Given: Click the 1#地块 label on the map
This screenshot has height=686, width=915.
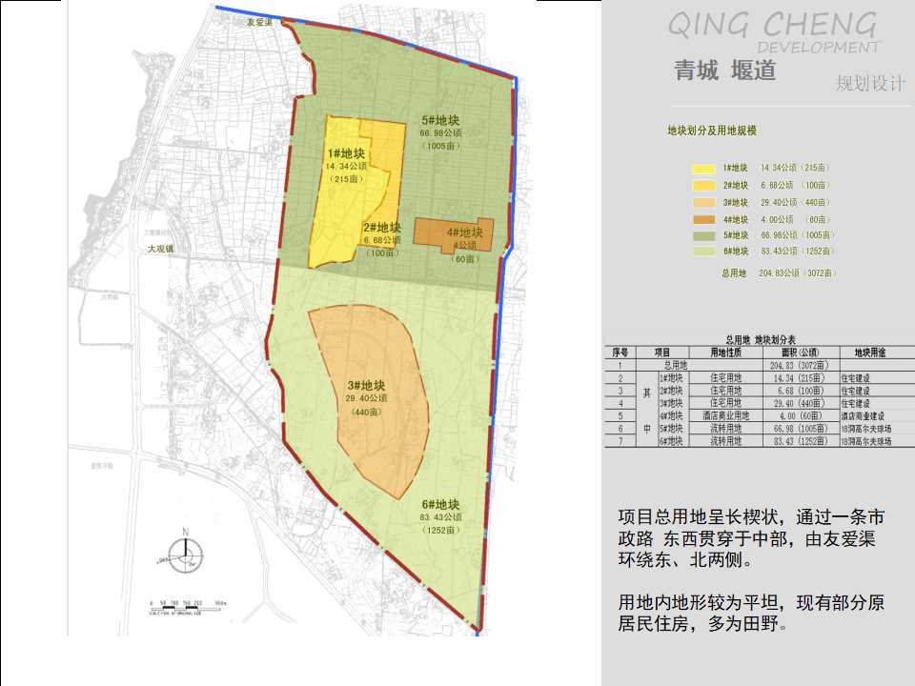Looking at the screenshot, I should tap(346, 152).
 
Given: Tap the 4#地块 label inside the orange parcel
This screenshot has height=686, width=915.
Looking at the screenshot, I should tap(464, 232).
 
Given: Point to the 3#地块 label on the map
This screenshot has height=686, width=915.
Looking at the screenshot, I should tap(366, 386).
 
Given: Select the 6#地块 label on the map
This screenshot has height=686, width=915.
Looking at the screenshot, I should tap(441, 505).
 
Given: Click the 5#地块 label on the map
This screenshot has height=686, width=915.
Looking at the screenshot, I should tap(441, 121).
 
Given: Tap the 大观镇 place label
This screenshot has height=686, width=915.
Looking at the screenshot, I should tap(161, 249).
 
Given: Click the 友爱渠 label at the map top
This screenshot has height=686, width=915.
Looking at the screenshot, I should tap(260, 22).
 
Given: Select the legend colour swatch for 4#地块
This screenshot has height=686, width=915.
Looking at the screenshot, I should tap(703, 218).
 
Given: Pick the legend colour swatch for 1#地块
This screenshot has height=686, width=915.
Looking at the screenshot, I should tap(703, 168).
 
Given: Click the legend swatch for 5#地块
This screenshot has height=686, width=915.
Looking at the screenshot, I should tap(703, 235).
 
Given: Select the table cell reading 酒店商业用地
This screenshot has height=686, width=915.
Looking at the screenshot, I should tap(730, 415).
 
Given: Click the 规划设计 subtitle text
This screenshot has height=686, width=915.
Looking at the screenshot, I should tap(870, 83).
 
